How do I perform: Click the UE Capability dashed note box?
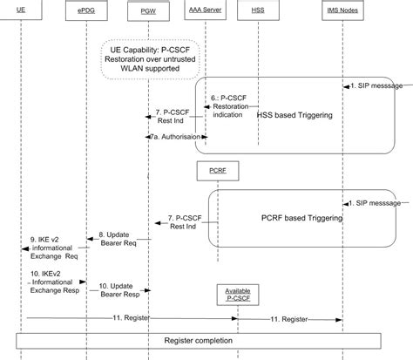[152, 59]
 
